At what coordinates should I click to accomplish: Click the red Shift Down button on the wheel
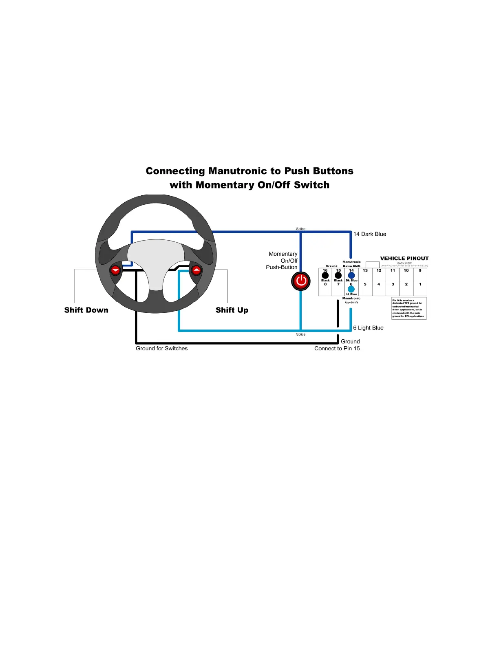pyautogui.click(x=116, y=270)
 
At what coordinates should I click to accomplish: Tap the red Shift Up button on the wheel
pyautogui.click(x=197, y=270)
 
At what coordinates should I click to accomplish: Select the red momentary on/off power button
pyautogui.click(x=301, y=281)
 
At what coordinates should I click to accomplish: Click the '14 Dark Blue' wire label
pyautogui.click(x=369, y=234)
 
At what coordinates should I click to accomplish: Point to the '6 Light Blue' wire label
pyautogui.click(x=368, y=328)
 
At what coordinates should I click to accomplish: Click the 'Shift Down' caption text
pyautogui.click(x=86, y=310)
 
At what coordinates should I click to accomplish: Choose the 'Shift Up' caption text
pyautogui.click(x=232, y=310)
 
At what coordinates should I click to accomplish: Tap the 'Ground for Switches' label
pyautogui.click(x=162, y=348)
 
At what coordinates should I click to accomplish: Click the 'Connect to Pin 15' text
pyautogui.click(x=337, y=348)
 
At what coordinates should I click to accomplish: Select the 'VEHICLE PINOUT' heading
pyautogui.click(x=404, y=258)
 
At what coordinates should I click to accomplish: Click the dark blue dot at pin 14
pyautogui.click(x=351, y=275)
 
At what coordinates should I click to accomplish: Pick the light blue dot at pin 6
pyautogui.click(x=351, y=289)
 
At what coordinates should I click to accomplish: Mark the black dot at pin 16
pyautogui.click(x=325, y=275)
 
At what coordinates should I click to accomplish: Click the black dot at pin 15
pyautogui.click(x=338, y=275)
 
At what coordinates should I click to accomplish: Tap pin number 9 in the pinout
pyautogui.click(x=420, y=270)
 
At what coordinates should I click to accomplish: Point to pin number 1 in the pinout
pyautogui.click(x=420, y=284)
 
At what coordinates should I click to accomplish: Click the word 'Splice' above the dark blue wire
pyautogui.click(x=301, y=229)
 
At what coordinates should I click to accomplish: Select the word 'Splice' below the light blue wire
pyautogui.click(x=301, y=334)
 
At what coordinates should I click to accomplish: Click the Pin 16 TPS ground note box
pyautogui.click(x=408, y=308)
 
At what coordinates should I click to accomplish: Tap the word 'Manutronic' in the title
pyautogui.click(x=237, y=171)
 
